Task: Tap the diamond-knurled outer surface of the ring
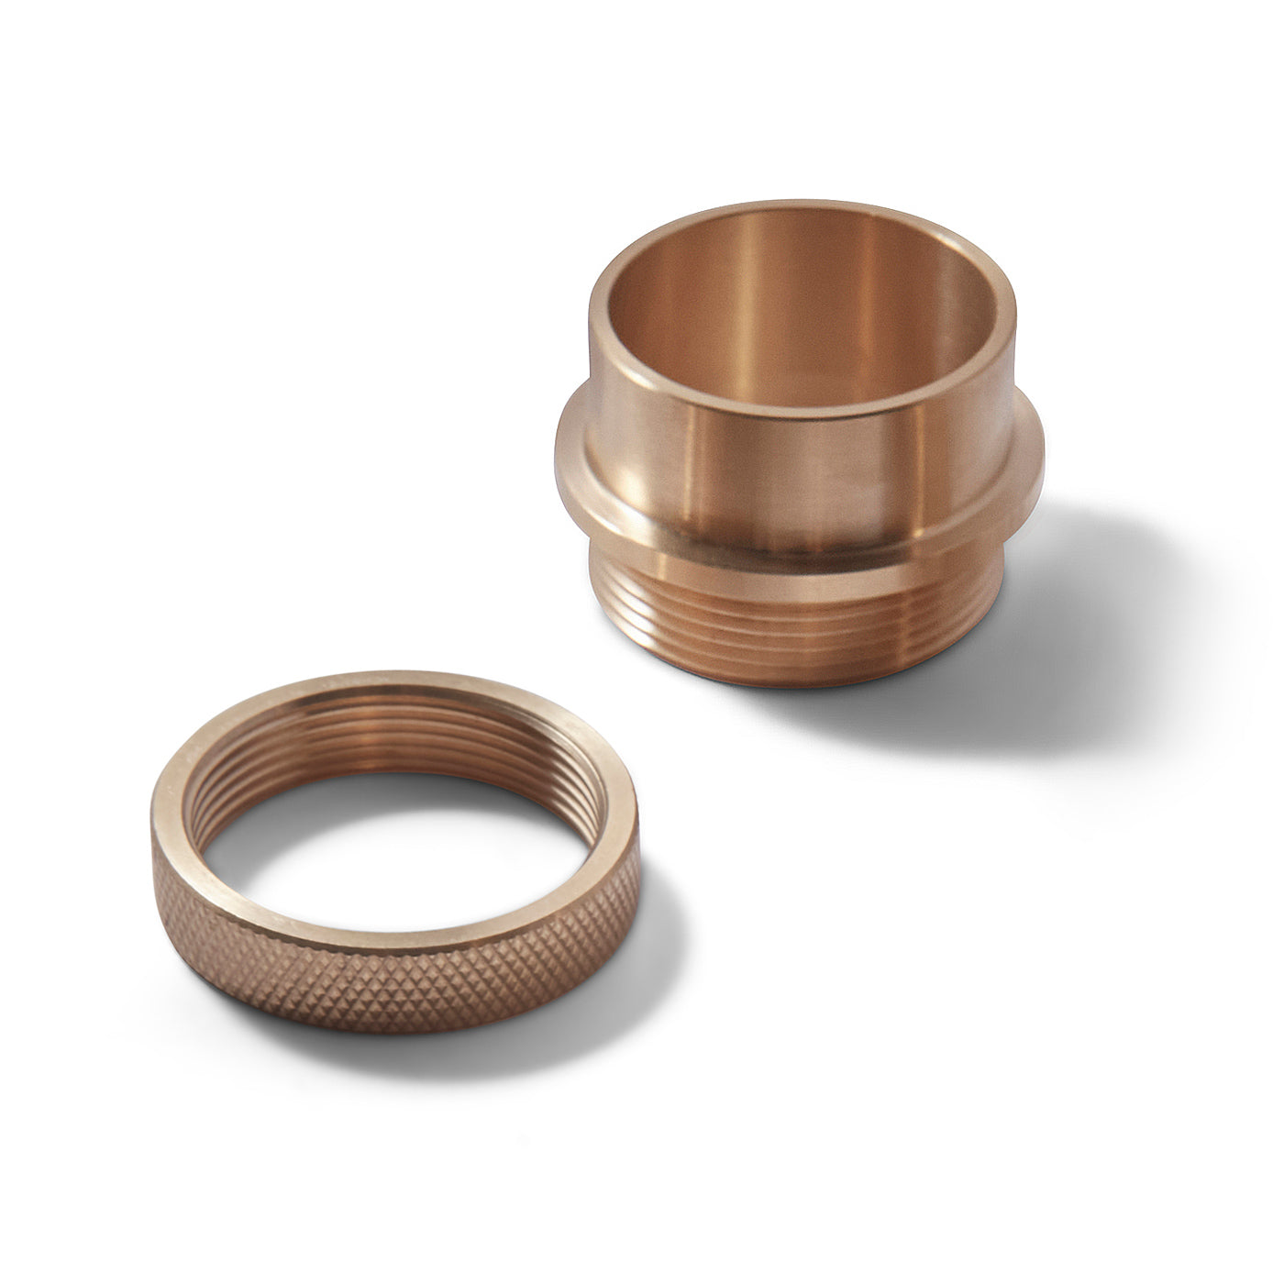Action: point(394,986)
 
